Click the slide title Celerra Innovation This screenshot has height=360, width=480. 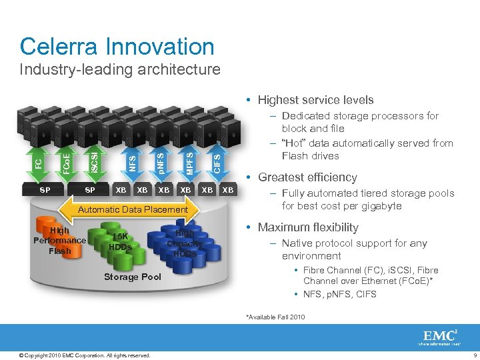(x=117, y=47)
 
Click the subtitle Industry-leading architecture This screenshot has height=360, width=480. (x=120, y=69)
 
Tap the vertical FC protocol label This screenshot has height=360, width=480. (x=39, y=163)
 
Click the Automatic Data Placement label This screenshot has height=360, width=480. (x=133, y=209)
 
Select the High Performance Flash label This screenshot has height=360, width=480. (x=59, y=241)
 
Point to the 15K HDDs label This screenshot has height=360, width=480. (x=120, y=242)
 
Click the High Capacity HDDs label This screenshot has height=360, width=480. (x=185, y=243)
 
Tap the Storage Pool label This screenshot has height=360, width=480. (x=133, y=277)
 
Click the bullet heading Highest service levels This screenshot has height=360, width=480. (x=315, y=100)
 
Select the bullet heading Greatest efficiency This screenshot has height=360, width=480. (x=307, y=177)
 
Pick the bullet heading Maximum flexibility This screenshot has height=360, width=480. (x=308, y=227)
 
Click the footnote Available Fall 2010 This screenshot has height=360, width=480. (x=275, y=317)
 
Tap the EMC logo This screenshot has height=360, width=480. (x=439, y=337)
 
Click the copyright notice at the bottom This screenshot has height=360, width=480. (x=85, y=355)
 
